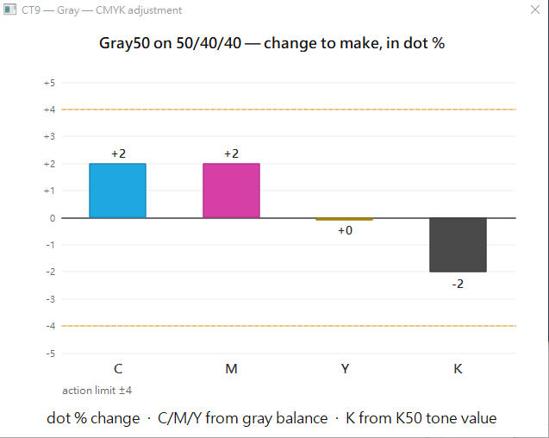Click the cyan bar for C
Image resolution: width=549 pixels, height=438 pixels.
point(117,191)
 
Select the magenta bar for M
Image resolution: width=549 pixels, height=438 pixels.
point(232,191)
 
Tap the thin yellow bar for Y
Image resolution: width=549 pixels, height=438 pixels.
point(345,219)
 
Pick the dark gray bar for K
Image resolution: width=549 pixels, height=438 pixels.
point(458,245)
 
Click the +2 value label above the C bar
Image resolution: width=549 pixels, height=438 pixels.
point(118,153)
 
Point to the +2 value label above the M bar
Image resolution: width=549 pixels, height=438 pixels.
point(232,153)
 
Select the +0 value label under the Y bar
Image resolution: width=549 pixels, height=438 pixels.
point(345,230)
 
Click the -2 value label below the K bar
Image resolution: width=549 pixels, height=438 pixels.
point(458,284)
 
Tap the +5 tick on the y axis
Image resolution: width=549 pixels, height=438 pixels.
point(49,83)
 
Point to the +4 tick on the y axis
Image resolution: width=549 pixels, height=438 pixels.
point(49,109)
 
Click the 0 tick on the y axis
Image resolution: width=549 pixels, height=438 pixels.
point(53,218)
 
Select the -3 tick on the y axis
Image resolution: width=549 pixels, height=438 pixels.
point(50,299)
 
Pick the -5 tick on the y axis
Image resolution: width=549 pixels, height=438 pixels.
point(50,354)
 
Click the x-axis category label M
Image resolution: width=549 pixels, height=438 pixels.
point(232,369)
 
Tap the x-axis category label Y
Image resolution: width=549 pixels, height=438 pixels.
point(345,369)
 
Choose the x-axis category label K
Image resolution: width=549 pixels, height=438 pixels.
point(458,369)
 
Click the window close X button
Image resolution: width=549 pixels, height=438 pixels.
point(535,9)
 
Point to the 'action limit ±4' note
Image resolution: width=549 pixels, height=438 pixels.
point(97,391)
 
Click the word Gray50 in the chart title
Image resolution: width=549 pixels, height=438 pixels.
point(125,43)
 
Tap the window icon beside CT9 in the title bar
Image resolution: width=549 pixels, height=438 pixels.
point(9,9)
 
